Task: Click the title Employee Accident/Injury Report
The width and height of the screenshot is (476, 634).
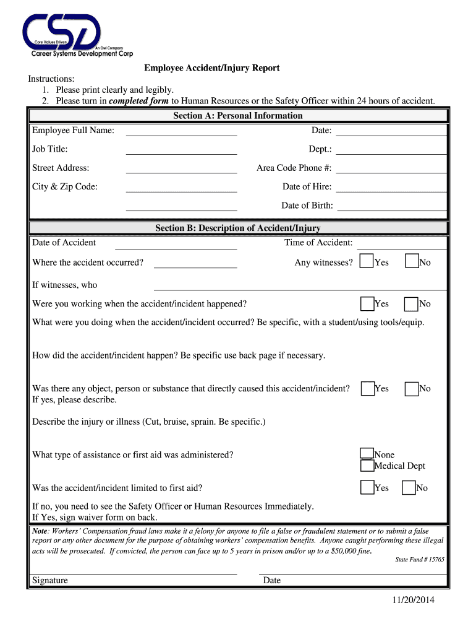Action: tap(212, 67)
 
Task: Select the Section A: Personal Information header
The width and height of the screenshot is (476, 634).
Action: tap(238, 116)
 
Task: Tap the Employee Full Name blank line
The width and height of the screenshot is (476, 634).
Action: tap(181, 131)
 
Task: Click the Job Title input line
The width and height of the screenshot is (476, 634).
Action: tap(181, 150)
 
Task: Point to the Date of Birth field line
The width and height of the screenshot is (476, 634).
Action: tap(392, 206)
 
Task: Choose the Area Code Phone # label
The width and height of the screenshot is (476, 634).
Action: tap(294, 168)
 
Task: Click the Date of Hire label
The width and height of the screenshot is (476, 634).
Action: tap(307, 186)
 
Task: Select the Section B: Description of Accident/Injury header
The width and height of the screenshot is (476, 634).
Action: tap(238, 228)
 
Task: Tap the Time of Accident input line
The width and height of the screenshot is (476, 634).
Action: tap(402, 244)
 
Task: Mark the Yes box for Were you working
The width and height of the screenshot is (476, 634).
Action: tap(367, 303)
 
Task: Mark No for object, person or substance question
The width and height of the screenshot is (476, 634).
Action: tap(412, 388)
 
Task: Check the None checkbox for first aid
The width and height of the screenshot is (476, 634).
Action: tap(367, 454)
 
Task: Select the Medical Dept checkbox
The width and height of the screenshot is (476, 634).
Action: tap(367, 466)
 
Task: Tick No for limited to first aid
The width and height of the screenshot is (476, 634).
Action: tap(409, 488)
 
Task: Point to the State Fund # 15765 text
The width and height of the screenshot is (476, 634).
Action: tap(419, 560)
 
